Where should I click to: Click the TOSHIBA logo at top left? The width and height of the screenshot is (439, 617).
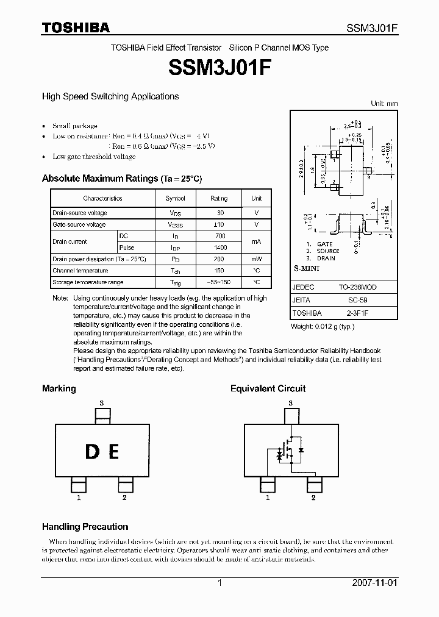point(76,27)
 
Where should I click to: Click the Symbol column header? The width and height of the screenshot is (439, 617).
point(176,198)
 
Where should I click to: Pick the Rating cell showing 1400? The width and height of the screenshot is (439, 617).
point(220,248)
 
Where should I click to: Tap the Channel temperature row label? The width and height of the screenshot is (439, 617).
point(80,271)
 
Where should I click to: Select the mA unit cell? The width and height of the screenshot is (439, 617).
point(256,241)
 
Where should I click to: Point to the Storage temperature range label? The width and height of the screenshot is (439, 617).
point(88,282)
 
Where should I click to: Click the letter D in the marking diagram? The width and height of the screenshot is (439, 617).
point(92,452)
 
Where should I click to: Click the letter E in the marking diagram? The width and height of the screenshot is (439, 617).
point(113,452)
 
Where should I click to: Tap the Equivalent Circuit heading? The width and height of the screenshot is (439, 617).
point(268,388)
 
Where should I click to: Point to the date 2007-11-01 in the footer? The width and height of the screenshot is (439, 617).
point(375,583)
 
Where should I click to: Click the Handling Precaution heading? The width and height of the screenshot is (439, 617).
point(85,526)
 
